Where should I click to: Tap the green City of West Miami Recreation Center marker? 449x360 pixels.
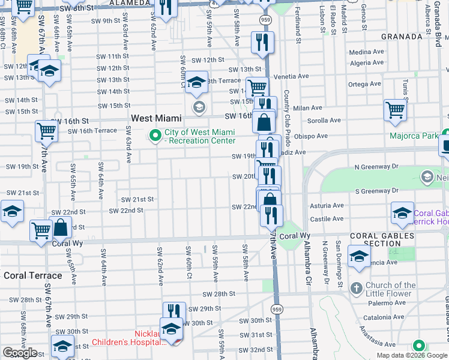click(156, 136)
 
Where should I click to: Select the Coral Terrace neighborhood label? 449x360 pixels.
click(33, 275)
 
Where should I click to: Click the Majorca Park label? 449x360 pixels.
click(414, 136)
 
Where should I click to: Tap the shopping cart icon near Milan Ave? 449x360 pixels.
click(395, 110)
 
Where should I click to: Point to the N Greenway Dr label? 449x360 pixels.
click(376, 166)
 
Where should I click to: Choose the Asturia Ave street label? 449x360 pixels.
click(327, 205)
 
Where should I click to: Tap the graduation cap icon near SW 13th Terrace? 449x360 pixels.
click(196, 82)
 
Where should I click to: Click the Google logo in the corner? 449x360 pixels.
click(20, 353)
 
